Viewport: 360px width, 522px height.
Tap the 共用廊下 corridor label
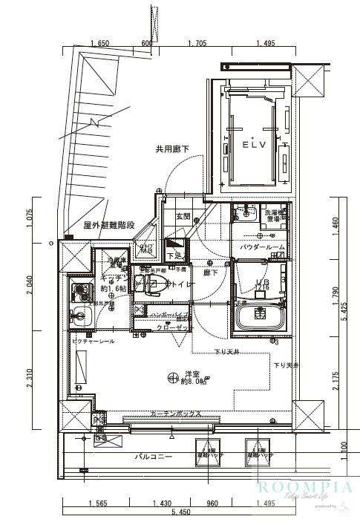click(171, 149)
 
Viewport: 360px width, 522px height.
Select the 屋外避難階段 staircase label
click(109, 225)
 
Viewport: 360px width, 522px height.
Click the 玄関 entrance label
click(183, 216)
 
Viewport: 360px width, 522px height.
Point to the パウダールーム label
click(262, 247)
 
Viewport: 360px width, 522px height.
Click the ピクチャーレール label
click(93, 340)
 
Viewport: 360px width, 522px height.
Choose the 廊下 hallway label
click(212, 273)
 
